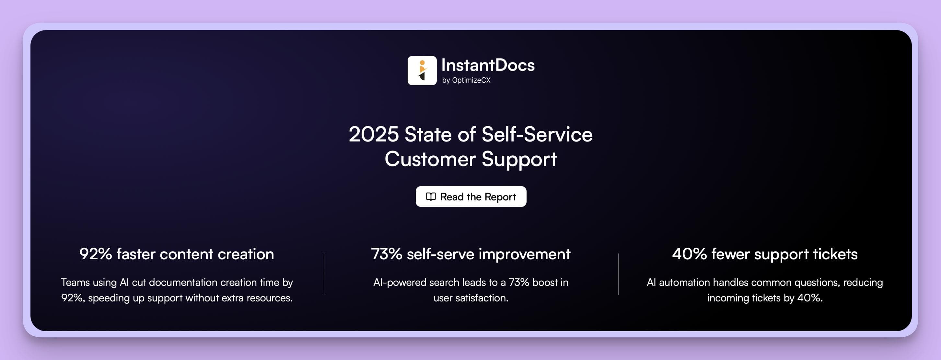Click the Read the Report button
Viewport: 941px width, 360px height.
(x=471, y=197)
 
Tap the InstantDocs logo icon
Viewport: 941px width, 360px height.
(x=422, y=71)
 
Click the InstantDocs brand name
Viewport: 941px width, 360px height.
(x=488, y=65)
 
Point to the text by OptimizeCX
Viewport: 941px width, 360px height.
(x=466, y=80)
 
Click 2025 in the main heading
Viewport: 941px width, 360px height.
(x=373, y=134)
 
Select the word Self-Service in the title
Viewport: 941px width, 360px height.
(x=537, y=134)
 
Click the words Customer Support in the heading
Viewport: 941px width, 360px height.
(x=470, y=159)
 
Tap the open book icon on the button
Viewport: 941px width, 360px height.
(x=431, y=197)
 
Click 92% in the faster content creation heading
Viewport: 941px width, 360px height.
(x=96, y=254)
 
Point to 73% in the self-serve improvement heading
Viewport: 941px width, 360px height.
(x=387, y=254)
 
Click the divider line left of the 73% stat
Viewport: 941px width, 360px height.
(x=324, y=274)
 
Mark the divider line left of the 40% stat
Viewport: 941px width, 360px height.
(x=618, y=274)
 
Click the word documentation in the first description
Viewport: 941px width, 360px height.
(x=183, y=283)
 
